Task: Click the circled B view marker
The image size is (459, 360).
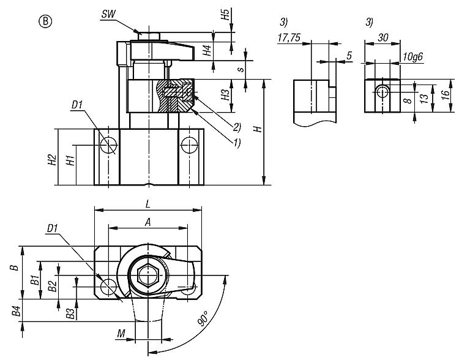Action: click(x=46, y=21)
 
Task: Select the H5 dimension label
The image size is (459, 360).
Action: click(x=225, y=15)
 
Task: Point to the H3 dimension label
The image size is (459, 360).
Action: click(x=225, y=95)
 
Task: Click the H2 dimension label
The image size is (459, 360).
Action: click(x=53, y=160)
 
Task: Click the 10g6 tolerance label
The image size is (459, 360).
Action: click(x=414, y=56)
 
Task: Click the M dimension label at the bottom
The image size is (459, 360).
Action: click(x=123, y=333)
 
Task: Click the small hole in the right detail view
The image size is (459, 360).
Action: click(x=382, y=92)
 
